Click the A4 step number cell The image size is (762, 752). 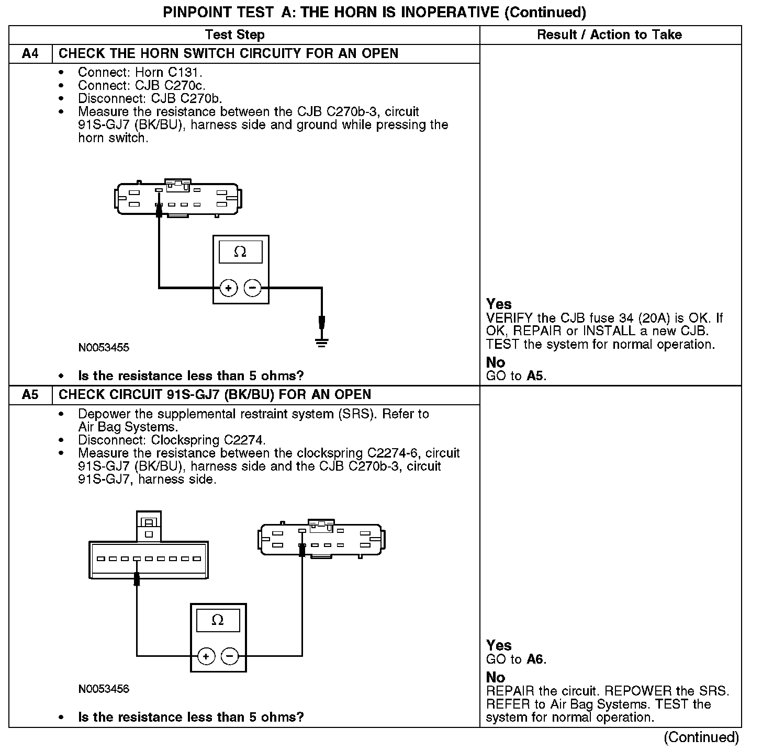[x=30, y=54]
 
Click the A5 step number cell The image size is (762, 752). [x=30, y=395]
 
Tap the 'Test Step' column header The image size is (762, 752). [x=234, y=35]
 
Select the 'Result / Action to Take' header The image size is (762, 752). [x=610, y=35]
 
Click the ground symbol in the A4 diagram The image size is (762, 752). [x=322, y=343]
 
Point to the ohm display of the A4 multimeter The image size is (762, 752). [x=241, y=252]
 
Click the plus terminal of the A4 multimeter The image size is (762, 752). [x=229, y=288]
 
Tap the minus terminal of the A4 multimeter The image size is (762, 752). [x=253, y=288]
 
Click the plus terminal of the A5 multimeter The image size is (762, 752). [x=206, y=656]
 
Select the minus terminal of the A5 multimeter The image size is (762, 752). [x=230, y=656]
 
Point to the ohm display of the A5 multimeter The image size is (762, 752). [x=218, y=621]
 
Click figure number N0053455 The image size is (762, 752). [x=104, y=348]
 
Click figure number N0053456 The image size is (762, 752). [x=104, y=689]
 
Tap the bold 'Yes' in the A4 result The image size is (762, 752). [x=499, y=304]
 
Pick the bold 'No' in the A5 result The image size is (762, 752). [x=495, y=678]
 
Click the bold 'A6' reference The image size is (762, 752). [x=535, y=659]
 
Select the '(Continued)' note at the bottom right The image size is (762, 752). [x=701, y=737]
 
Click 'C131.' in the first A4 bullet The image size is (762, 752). [x=186, y=73]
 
